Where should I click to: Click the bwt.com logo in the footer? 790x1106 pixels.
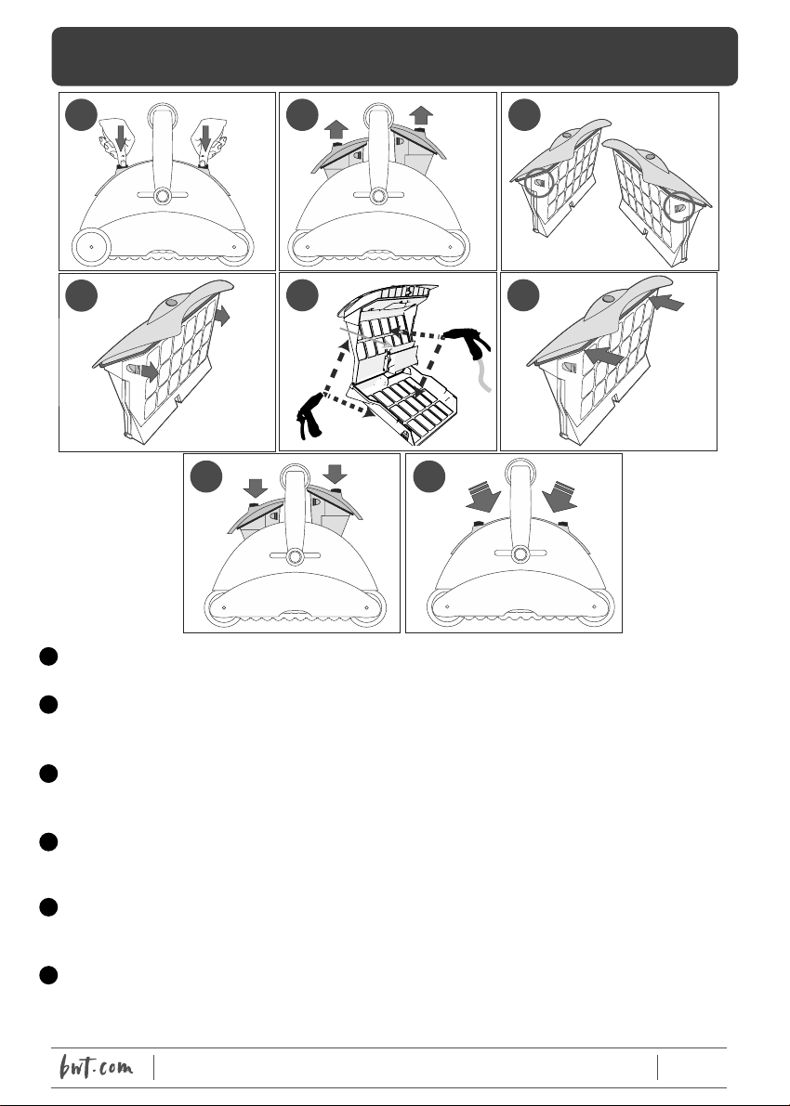click(x=96, y=1066)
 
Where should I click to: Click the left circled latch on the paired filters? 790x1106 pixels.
click(x=539, y=183)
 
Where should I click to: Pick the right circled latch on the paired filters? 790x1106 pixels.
click(x=679, y=208)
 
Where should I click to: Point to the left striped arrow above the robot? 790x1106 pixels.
click(x=483, y=497)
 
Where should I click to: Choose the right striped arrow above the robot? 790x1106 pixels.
click(x=560, y=497)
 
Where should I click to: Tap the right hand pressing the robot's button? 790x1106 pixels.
click(x=208, y=141)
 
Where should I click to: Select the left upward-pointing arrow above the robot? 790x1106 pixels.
click(x=336, y=129)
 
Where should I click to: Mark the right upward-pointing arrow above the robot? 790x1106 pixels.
click(x=421, y=115)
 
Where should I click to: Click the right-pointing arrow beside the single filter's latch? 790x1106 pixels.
click(x=149, y=371)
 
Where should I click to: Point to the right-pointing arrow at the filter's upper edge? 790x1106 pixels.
click(x=222, y=316)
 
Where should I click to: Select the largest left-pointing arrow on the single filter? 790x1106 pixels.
click(x=604, y=354)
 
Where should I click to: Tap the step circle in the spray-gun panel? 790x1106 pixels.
click(x=302, y=294)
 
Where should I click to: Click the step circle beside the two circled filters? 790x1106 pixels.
click(x=524, y=115)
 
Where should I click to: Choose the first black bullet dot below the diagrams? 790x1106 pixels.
click(x=48, y=656)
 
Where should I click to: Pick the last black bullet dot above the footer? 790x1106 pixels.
click(x=48, y=975)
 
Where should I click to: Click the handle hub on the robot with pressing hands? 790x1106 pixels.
click(x=162, y=195)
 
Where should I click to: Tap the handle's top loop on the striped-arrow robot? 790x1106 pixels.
click(x=520, y=471)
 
